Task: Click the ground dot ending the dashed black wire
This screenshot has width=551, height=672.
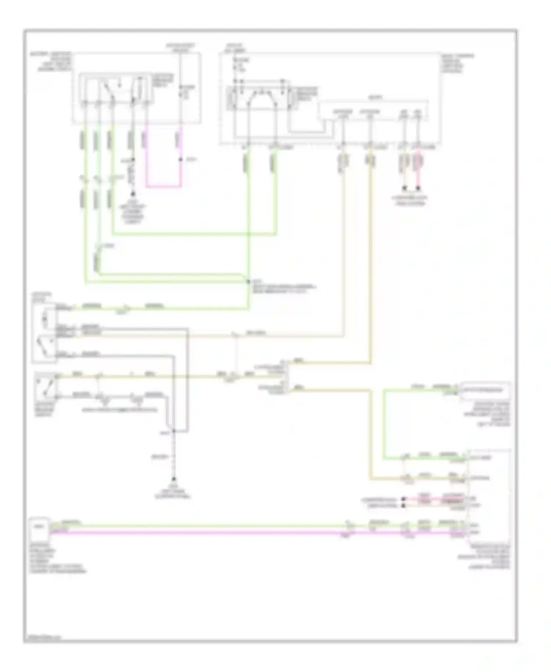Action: click(x=174, y=479)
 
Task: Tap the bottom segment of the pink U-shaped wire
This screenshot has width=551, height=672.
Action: click(x=163, y=186)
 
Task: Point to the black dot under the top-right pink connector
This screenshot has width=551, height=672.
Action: click(x=418, y=189)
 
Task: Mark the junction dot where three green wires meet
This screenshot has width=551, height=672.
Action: click(x=248, y=281)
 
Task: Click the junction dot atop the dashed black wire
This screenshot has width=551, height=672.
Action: click(x=174, y=431)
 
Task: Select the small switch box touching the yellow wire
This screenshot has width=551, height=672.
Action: click(x=45, y=386)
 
